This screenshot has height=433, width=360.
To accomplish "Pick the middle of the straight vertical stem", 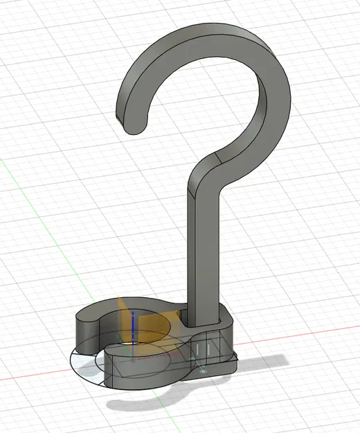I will (202, 249).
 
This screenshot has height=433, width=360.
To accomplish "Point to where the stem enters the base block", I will (202, 320).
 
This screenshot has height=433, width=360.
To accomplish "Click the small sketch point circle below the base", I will (202, 371).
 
